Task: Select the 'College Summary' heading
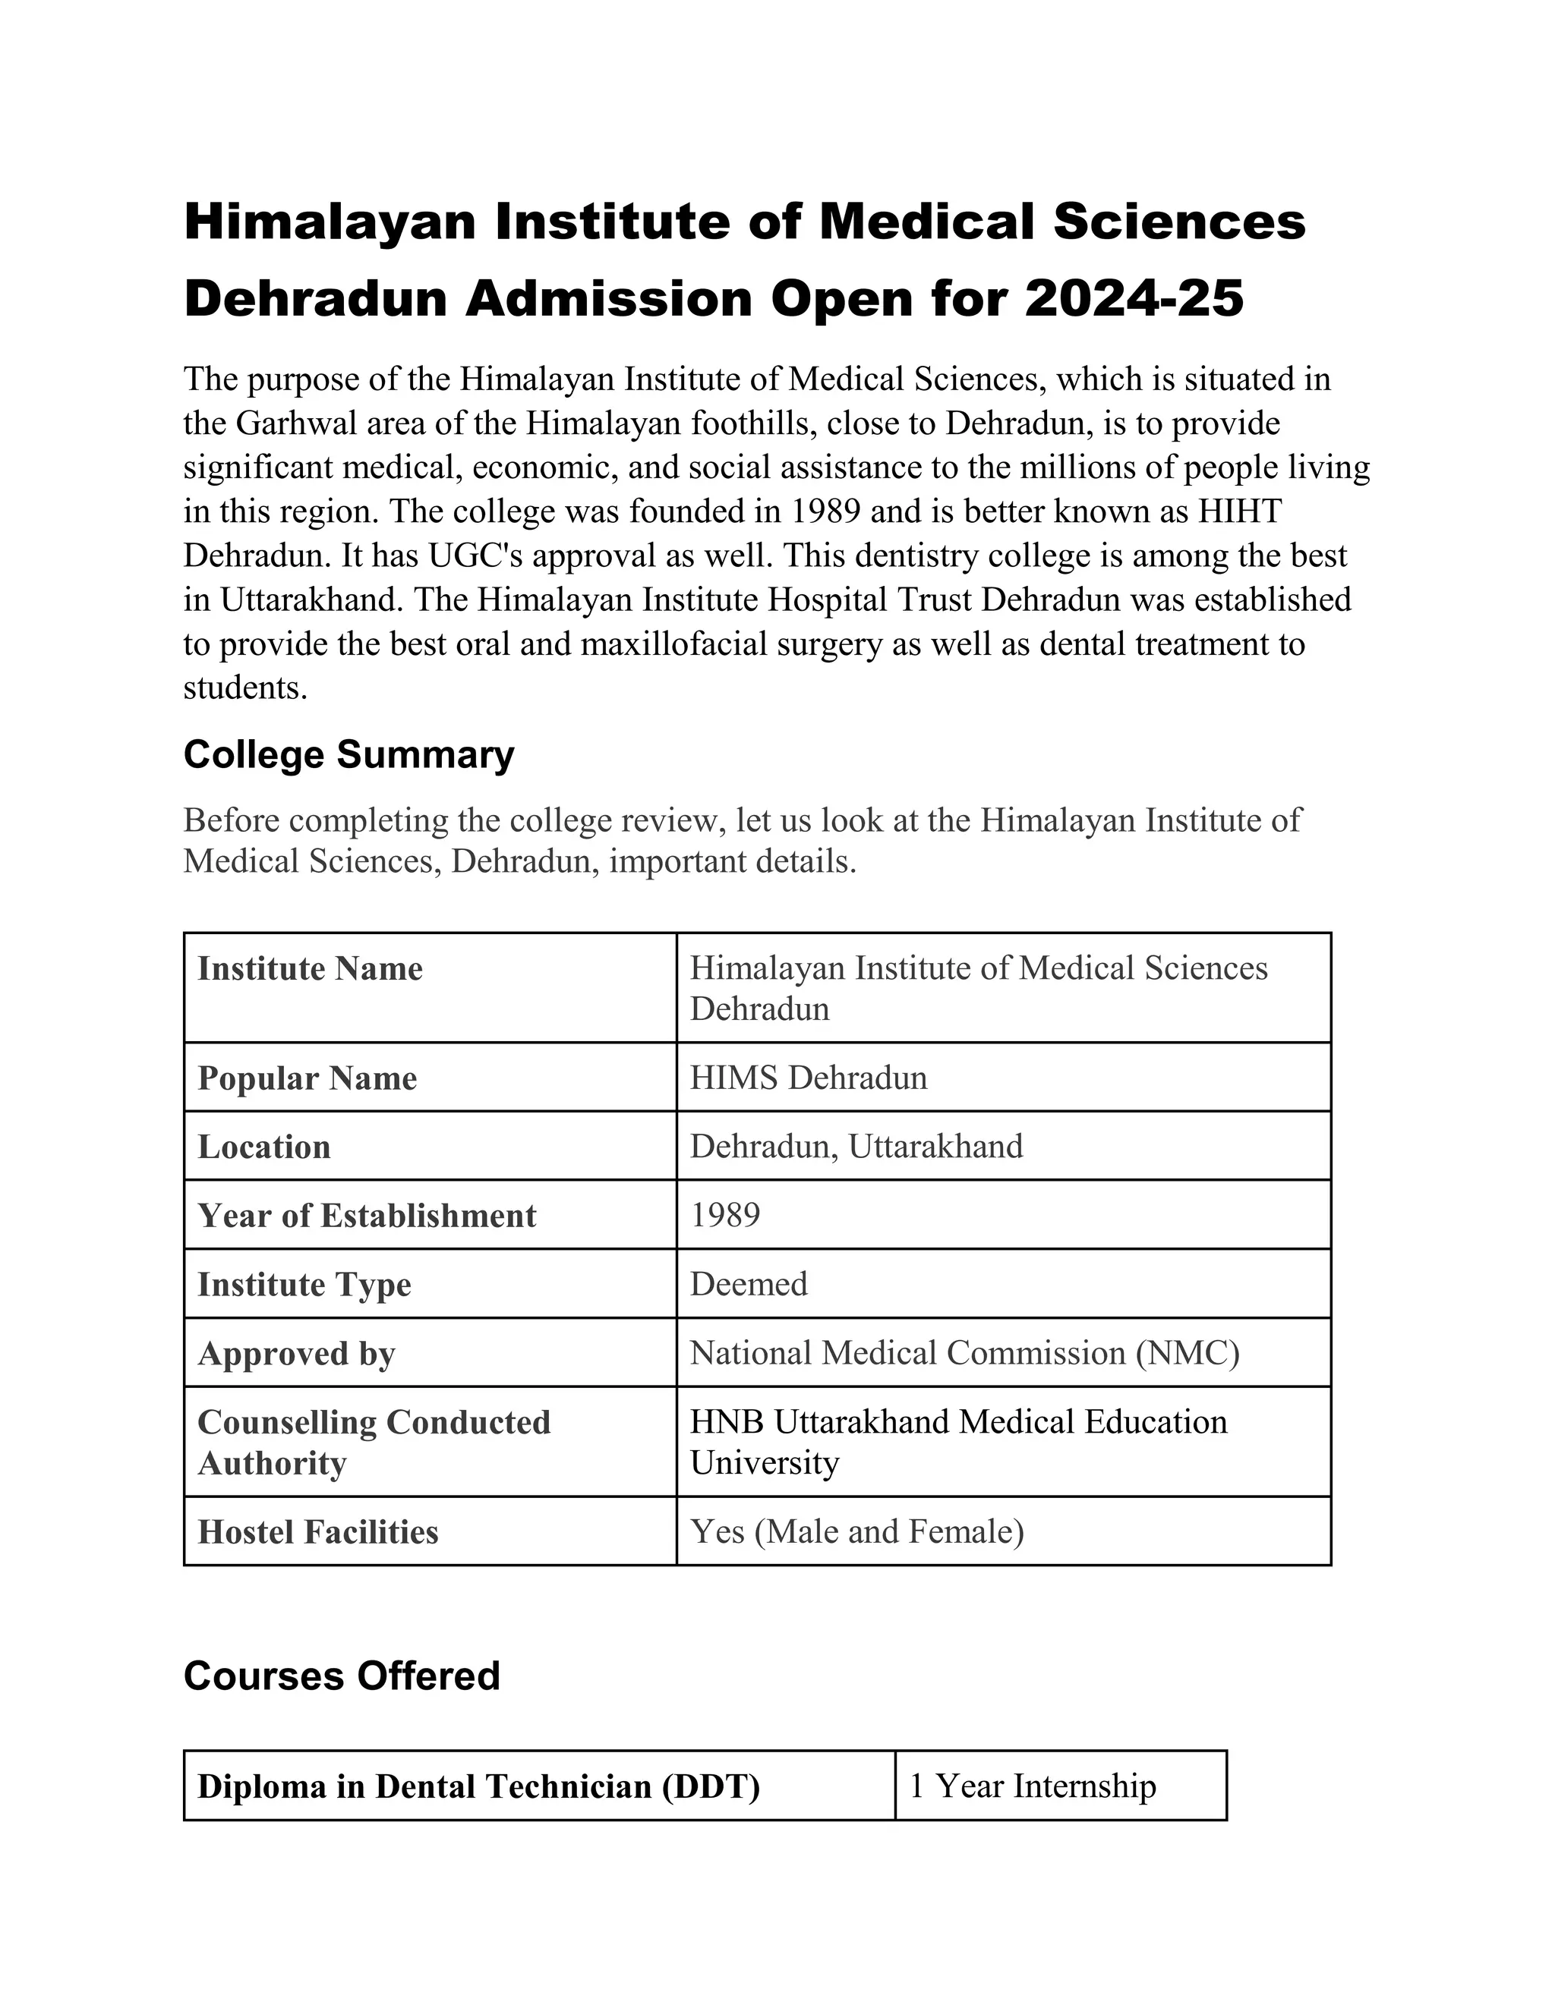coord(349,754)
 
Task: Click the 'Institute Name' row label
coord(310,968)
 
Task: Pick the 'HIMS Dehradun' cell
coord(808,1078)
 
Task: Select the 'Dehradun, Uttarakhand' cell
coord(856,1147)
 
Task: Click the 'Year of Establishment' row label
coord(366,1216)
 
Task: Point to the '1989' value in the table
coord(725,1216)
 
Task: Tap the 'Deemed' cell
coord(748,1283)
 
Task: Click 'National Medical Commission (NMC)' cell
coord(964,1352)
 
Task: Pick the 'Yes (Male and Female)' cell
coord(856,1531)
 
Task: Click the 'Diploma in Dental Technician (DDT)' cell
coord(478,1786)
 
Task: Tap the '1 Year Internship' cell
coord(1032,1786)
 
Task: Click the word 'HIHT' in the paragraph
coord(1239,512)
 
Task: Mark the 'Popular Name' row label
coord(307,1078)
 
